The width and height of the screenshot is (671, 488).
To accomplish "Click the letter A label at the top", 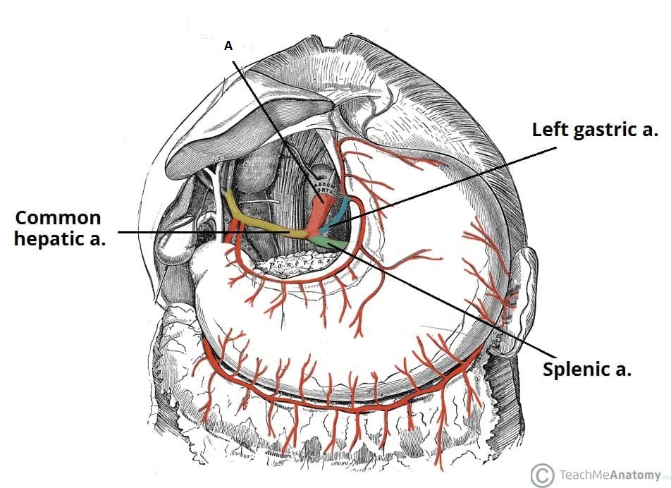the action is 228,45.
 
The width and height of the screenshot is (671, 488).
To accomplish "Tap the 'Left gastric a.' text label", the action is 594,130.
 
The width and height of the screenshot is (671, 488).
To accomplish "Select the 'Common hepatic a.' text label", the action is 58,228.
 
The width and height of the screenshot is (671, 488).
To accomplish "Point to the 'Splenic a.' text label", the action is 586,370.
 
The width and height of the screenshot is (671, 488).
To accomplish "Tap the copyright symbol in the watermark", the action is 542,474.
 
